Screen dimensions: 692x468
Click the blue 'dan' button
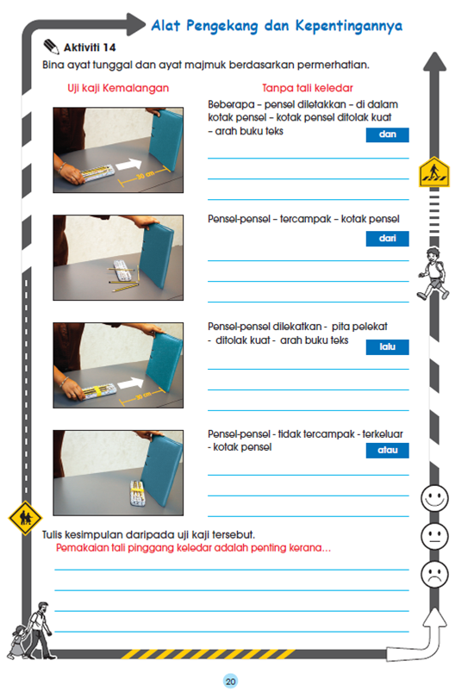coord(387,134)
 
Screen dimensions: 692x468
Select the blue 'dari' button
coord(387,239)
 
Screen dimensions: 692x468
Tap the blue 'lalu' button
coord(387,346)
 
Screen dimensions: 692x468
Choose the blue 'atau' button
coord(387,450)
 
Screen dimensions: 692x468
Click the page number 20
coord(230,681)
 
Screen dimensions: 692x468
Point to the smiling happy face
coord(434,497)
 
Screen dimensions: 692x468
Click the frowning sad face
coord(434,574)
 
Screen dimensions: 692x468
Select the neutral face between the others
coord(434,536)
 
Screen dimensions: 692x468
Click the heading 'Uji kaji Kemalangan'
coord(118,88)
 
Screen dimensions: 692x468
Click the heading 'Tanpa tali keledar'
coord(308,88)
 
